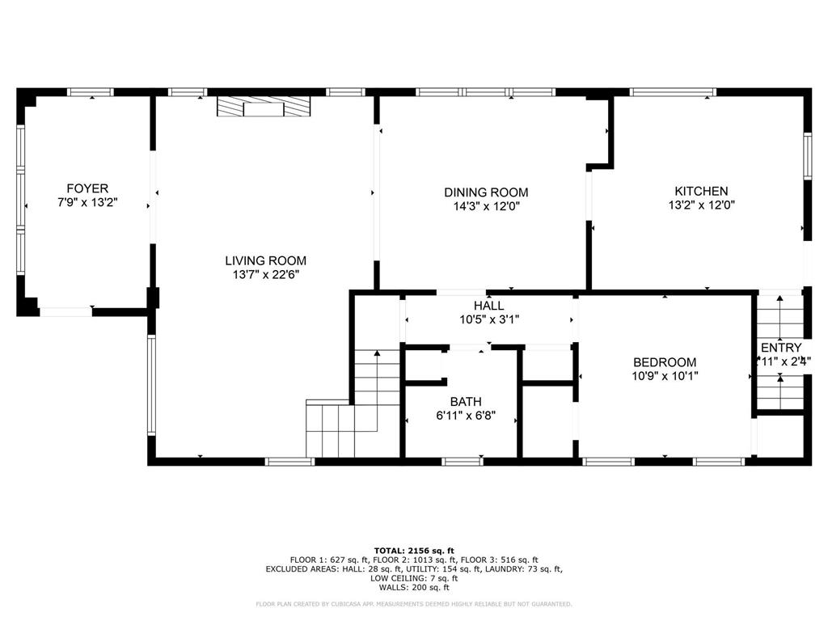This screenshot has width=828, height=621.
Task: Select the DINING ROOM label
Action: (x=486, y=192)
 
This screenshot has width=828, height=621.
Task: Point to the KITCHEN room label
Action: (x=701, y=191)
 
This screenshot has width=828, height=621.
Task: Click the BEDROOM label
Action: (x=665, y=362)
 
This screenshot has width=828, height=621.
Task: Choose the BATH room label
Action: (x=466, y=401)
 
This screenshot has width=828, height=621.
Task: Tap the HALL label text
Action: (x=489, y=306)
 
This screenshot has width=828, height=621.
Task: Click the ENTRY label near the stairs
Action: (x=781, y=348)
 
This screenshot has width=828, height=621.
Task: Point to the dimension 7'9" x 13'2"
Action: (x=87, y=203)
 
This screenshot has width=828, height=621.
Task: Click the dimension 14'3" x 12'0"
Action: (x=486, y=206)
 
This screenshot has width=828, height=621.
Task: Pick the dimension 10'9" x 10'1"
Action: (x=665, y=376)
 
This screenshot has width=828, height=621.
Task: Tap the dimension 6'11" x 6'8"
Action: (x=466, y=416)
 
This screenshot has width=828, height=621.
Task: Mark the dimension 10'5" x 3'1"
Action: (x=489, y=319)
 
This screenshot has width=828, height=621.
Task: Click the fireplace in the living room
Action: (x=264, y=108)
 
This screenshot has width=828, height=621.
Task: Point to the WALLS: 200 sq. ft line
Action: (x=414, y=588)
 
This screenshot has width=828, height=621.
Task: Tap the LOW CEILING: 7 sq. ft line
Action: (x=414, y=578)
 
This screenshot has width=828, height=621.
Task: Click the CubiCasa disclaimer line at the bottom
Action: (x=414, y=604)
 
